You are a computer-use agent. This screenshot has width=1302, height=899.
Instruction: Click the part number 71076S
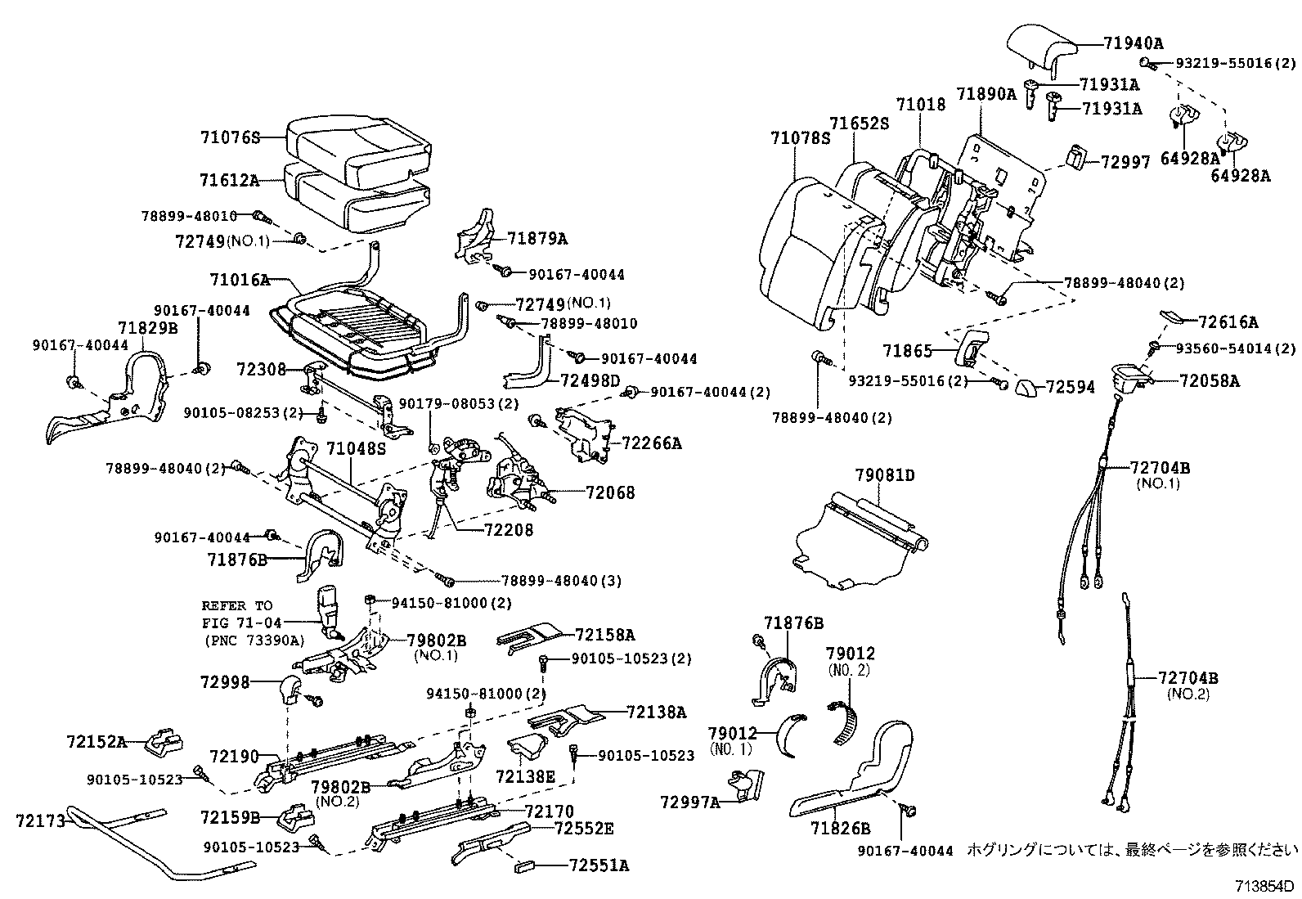point(230,138)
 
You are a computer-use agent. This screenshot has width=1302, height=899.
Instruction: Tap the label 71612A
point(230,180)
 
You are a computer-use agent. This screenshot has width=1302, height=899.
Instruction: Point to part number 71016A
point(239,280)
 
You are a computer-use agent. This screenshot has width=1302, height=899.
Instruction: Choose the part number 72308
point(260,370)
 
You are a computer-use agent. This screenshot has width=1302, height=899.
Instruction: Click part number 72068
point(610,492)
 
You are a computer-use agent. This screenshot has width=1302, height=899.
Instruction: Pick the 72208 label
point(508,530)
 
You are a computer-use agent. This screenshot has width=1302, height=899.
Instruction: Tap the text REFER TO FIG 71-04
point(237,614)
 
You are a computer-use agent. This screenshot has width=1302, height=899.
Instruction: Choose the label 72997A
point(689,802)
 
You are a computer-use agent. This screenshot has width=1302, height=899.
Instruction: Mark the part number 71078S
point(800,138)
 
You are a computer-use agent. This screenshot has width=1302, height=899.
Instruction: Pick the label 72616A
point(1228,322)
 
